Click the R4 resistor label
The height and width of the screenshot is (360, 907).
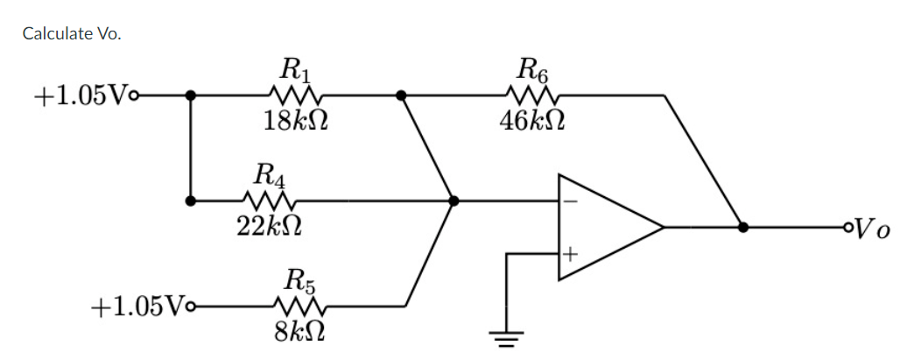click(269, 174)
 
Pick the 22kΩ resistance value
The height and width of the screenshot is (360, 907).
click(270, 226)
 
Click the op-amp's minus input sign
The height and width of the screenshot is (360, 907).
click(570, 201)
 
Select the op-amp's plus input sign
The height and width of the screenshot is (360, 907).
click(570, 255)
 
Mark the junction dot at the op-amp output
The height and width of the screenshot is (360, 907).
click(742, 227)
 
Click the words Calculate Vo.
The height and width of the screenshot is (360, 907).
click(72, 33)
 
